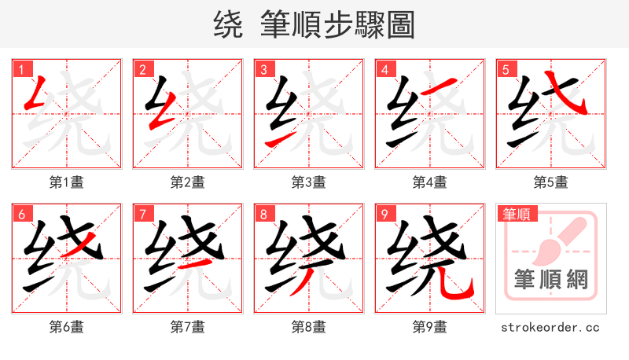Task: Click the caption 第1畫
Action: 66,182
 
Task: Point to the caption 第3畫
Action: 308,182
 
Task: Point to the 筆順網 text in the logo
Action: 550,279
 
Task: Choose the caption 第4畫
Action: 429,182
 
